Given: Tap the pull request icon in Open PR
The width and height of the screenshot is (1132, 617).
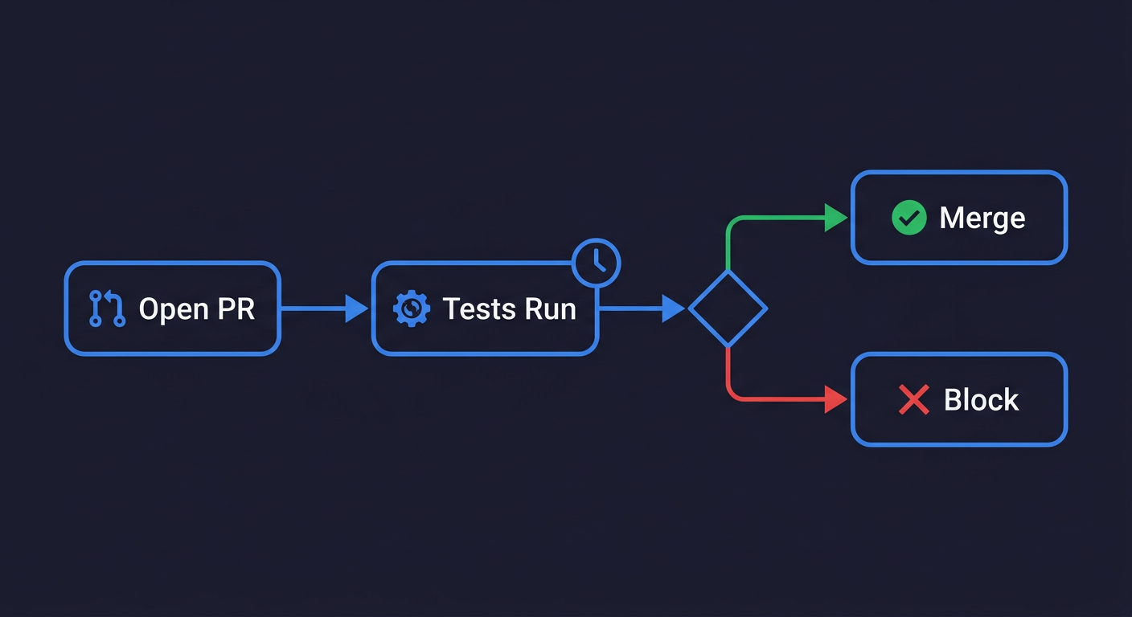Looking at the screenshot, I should coord(107,308).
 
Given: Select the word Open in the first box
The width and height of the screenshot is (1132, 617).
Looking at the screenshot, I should coord(173,309).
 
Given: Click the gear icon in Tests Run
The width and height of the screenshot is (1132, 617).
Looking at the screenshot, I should coord(411,309).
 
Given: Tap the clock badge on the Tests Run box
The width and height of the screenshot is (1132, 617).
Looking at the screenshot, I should coord(596,262).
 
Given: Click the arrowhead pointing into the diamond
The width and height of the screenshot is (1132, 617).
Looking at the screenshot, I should coord(673,308).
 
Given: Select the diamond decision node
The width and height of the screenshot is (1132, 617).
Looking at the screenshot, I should coord(728,308).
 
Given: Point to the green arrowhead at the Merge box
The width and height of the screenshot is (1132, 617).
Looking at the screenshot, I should coord(836,218).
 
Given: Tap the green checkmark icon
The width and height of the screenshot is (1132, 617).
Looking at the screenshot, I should coord(908,218).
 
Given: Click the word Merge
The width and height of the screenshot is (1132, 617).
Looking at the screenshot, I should coord(982,219).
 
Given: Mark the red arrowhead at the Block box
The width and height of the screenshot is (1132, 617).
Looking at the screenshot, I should coord(836,399).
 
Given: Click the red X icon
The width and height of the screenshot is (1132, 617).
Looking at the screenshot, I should coord(913,399).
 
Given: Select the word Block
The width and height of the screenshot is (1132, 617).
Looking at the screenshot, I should coord(981,400).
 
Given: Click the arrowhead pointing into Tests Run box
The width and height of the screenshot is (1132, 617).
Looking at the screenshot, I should coord(356,308).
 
